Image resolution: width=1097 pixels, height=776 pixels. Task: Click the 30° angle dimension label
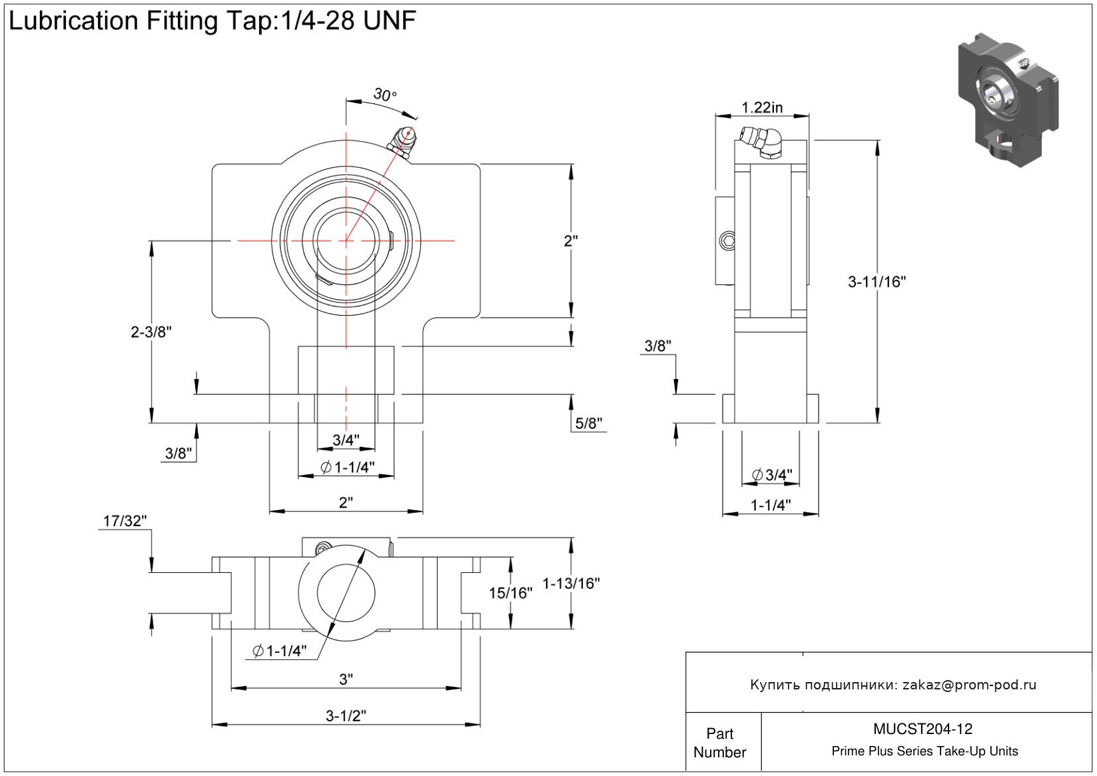(x=384, y=95)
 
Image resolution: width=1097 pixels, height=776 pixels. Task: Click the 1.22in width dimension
(x=762, y=107)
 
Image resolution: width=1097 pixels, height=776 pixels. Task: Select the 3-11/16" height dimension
(x=877, y=282)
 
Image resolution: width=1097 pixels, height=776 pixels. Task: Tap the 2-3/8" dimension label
(x=151, y=332)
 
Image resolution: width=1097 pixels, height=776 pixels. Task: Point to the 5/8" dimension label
(x=589, y=423)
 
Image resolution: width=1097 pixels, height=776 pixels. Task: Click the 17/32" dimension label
(x=125, y=521)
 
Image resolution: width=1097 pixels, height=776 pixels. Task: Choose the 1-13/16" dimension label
(x=571, y=583)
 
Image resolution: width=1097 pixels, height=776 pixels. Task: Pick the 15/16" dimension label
(x=511, y=593)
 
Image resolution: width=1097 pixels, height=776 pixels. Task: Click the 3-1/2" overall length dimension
(x=346, y=716)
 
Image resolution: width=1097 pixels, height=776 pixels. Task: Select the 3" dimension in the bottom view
(x=346, y=679)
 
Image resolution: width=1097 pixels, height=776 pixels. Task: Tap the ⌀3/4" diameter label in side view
(x=772, y=475)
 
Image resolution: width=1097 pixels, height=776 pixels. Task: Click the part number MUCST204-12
(x=923, y=729)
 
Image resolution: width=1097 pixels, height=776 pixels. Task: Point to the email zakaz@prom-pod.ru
(x=969, y=685)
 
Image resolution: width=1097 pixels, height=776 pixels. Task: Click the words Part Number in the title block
(x=719, y=743)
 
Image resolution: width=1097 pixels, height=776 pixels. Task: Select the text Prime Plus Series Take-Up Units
(x=924, y=751)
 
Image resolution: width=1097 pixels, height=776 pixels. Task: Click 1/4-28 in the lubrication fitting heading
(x=317, y=21)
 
